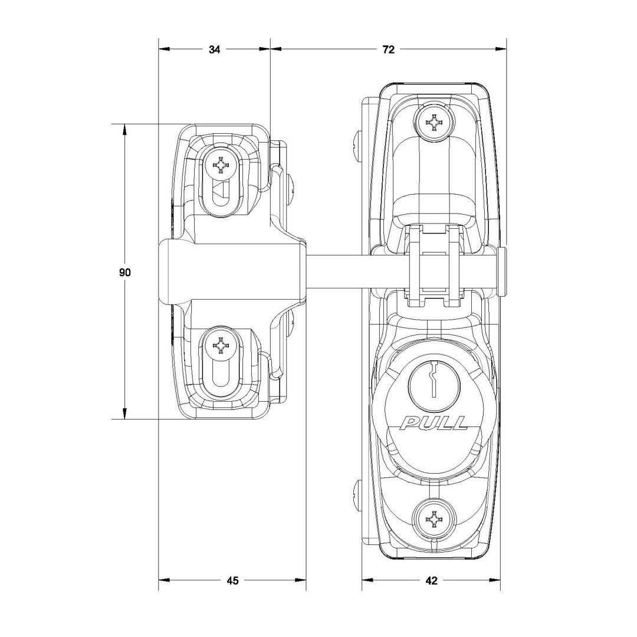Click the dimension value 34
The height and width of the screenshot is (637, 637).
(214, 50)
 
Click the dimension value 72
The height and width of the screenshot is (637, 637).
(388, 50)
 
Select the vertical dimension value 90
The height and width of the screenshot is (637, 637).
(124, 272)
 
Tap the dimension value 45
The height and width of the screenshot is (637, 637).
(232, 580)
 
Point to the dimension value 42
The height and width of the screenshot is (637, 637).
(431, 580)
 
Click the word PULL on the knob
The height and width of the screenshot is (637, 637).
(434, 423)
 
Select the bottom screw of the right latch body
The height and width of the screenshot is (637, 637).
(434, 519)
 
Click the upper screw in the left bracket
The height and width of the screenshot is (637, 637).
(221, 166)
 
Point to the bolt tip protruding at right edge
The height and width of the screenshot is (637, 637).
(502, 271)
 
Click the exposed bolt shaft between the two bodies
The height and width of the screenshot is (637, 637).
(336, 271)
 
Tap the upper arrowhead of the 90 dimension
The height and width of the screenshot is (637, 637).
(124, 129)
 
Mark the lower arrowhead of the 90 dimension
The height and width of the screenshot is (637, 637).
(124, 414)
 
